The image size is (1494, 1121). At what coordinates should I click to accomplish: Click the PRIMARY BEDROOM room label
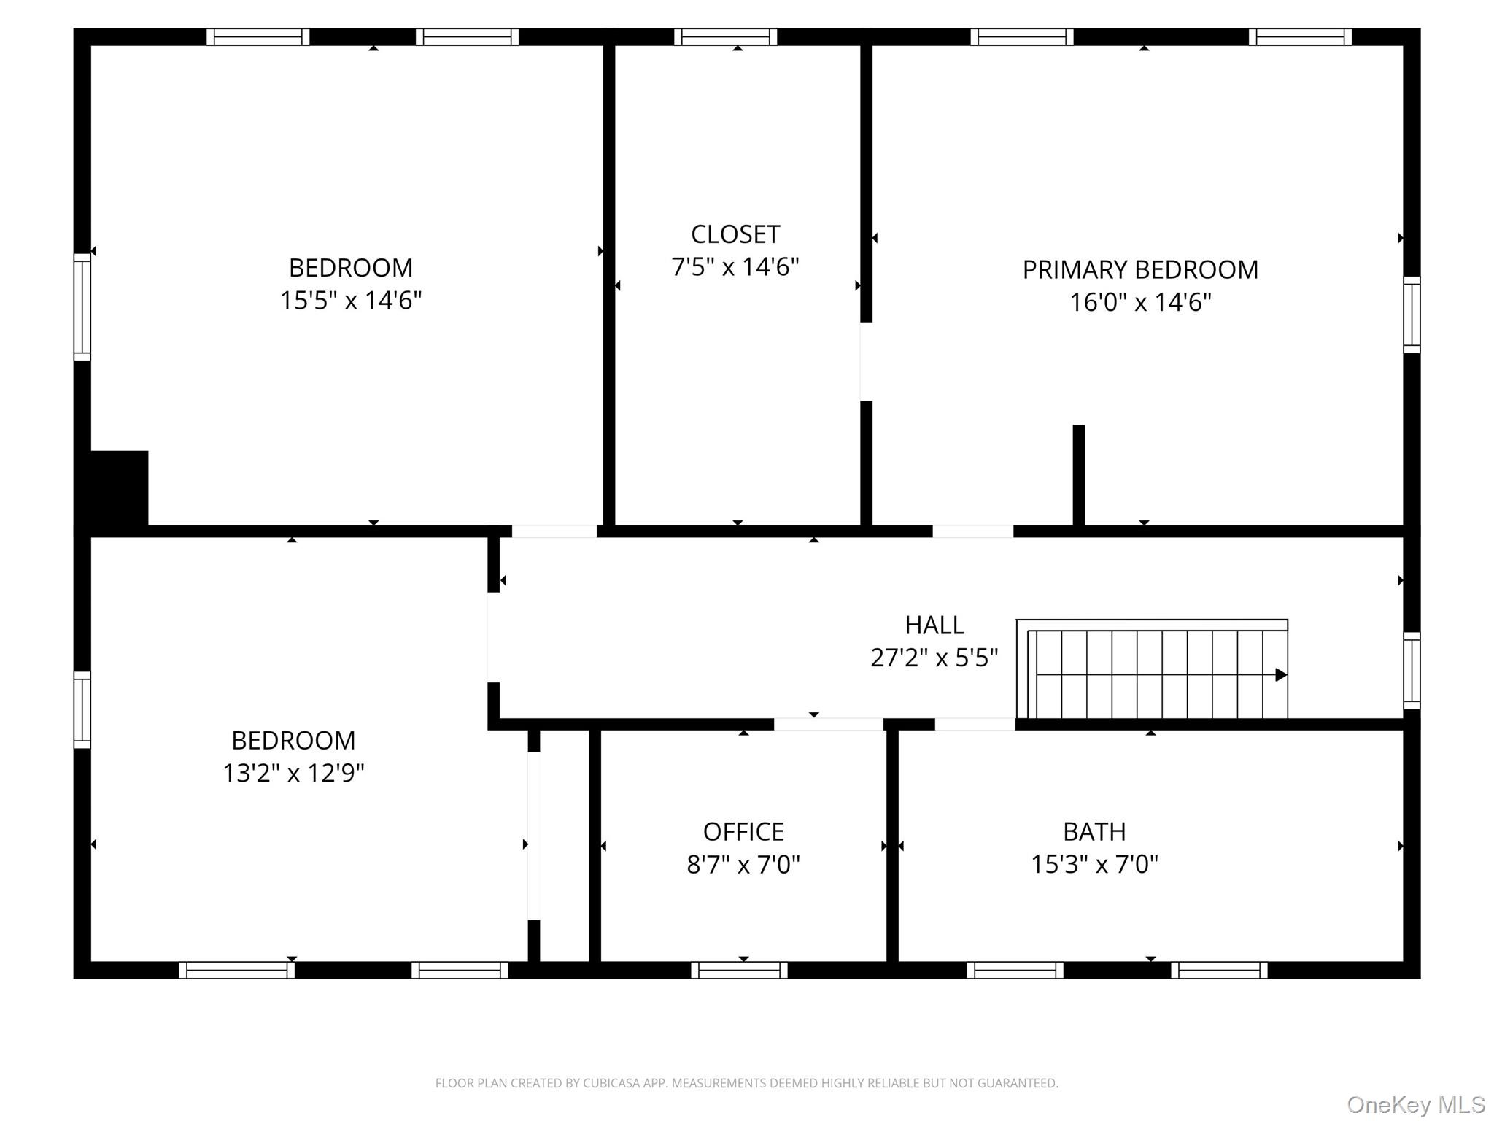pyautogui.click(x=1140, y=270)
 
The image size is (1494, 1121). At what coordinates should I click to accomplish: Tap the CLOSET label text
pyautogui.click(x=735, y=234)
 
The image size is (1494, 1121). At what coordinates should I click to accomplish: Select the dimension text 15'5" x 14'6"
pyautogui.click(x=351, y=300)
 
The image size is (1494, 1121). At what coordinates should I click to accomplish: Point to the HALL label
pyautogui.click(x=934, y=625)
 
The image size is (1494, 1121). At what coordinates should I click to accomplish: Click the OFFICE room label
pyautogui.click(x=743, y=831)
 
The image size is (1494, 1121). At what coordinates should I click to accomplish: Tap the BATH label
pyautogui.click(x=1094, y=831)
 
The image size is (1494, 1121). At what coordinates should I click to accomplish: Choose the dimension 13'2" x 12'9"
pyautogui.click(x=293, y=773)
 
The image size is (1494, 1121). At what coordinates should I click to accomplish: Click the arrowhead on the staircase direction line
pyautogui.click(x=1281, y=675)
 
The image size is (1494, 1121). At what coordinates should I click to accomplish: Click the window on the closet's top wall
pyautogui.click(x=726, y=36)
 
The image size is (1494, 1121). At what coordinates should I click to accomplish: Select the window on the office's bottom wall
pyautogui.click(x=740, y=970)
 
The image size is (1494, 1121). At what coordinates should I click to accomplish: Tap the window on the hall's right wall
pyautogui.click(x=1412, y=671)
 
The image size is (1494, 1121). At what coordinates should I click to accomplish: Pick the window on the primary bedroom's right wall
pyautogui.click(x=1412, y=315)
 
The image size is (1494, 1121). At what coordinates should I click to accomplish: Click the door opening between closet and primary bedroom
pyautogui.click(x=867, y=362)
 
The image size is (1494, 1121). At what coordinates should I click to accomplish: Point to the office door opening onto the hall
pyautogui.click(x=829, y=724)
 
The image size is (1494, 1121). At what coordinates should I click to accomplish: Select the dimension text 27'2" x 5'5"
pyautogui.click(x=934, y=658)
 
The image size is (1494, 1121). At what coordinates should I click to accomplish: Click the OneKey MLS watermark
pyautogui.click(x=1416, y=1104)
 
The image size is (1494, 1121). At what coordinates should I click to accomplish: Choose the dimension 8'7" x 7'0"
pyautogui.click(x=743, y=865)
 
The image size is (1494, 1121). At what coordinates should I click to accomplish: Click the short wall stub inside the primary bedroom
pyautogui.click(x=1079, y=475)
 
